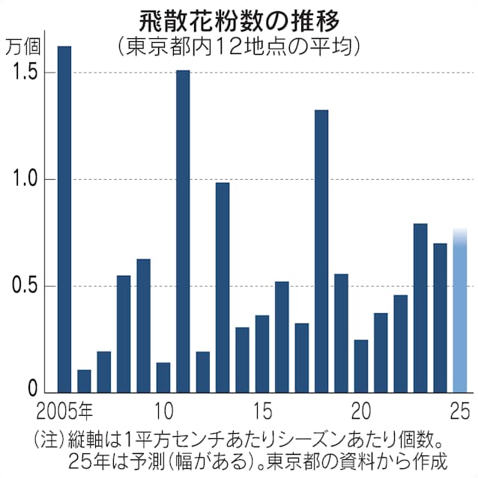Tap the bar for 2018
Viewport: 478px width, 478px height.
pyautogui.click(x=321, y=250)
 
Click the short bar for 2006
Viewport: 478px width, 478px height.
pyautogui.click(x=84, y=381)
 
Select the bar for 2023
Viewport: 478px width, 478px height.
pyautogui.click(x=420, y=307)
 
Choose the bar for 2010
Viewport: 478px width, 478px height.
pyautogui.click(x=163, y=377)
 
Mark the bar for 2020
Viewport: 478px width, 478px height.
pyautogui.click(x=361, y=366)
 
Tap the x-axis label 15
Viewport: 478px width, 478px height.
pyautogui.click(x=261, y=411)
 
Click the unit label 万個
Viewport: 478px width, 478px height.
pyautogui.click(x=24, y=46)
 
